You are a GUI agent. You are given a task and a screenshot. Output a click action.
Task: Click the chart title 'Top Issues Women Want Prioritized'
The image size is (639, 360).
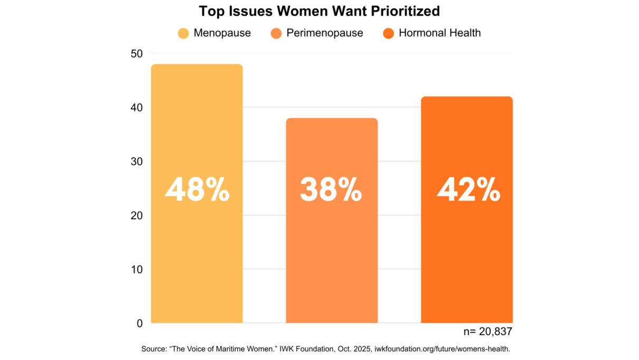point(319,11)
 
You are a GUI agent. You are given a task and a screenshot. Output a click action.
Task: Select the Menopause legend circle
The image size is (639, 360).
point(183,33)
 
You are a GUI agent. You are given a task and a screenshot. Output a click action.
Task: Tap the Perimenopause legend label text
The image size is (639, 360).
point(324,33)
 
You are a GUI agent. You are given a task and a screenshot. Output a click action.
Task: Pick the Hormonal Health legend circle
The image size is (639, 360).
point(389,33)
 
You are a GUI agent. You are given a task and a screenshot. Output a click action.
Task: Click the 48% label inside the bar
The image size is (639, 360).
point(197,190)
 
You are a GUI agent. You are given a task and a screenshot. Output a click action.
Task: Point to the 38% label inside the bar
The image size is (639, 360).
point(331,190)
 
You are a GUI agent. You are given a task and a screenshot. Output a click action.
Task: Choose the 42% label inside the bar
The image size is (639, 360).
point(468,190)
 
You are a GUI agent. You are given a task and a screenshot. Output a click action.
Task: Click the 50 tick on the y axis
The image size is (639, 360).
point(136,53)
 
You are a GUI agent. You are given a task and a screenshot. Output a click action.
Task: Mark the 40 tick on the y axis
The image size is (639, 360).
point(136,107)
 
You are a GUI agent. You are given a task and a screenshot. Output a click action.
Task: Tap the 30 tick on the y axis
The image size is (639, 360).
point(136,162)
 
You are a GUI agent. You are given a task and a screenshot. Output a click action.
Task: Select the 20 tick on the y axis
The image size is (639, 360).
point(136,215)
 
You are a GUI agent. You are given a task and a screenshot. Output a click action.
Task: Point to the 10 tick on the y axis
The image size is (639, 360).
point(136,269)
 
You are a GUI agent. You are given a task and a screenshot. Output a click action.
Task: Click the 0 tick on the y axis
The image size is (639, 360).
point(139,323)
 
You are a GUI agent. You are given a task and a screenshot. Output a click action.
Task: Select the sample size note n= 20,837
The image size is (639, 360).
point(487,331)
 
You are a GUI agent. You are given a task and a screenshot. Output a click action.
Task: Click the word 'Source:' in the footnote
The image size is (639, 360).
point(154,349)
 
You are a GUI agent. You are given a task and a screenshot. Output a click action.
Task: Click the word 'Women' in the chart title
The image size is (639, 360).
point(323,11)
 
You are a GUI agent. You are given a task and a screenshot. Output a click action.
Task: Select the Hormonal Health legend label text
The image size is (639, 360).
point(439,33)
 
